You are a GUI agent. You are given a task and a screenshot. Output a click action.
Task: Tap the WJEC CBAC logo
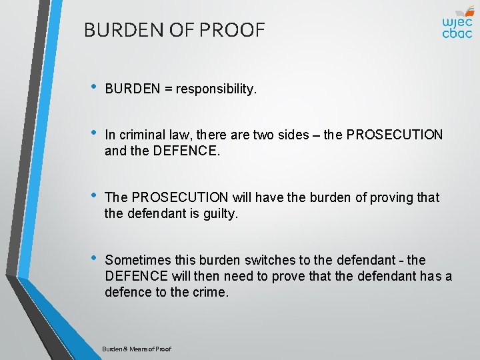pos(457,23)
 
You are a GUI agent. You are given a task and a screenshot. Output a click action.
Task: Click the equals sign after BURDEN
pos(167,89)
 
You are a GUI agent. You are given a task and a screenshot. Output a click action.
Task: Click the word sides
pos(291,135)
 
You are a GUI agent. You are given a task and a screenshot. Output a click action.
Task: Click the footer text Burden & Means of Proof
pos(137,349)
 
